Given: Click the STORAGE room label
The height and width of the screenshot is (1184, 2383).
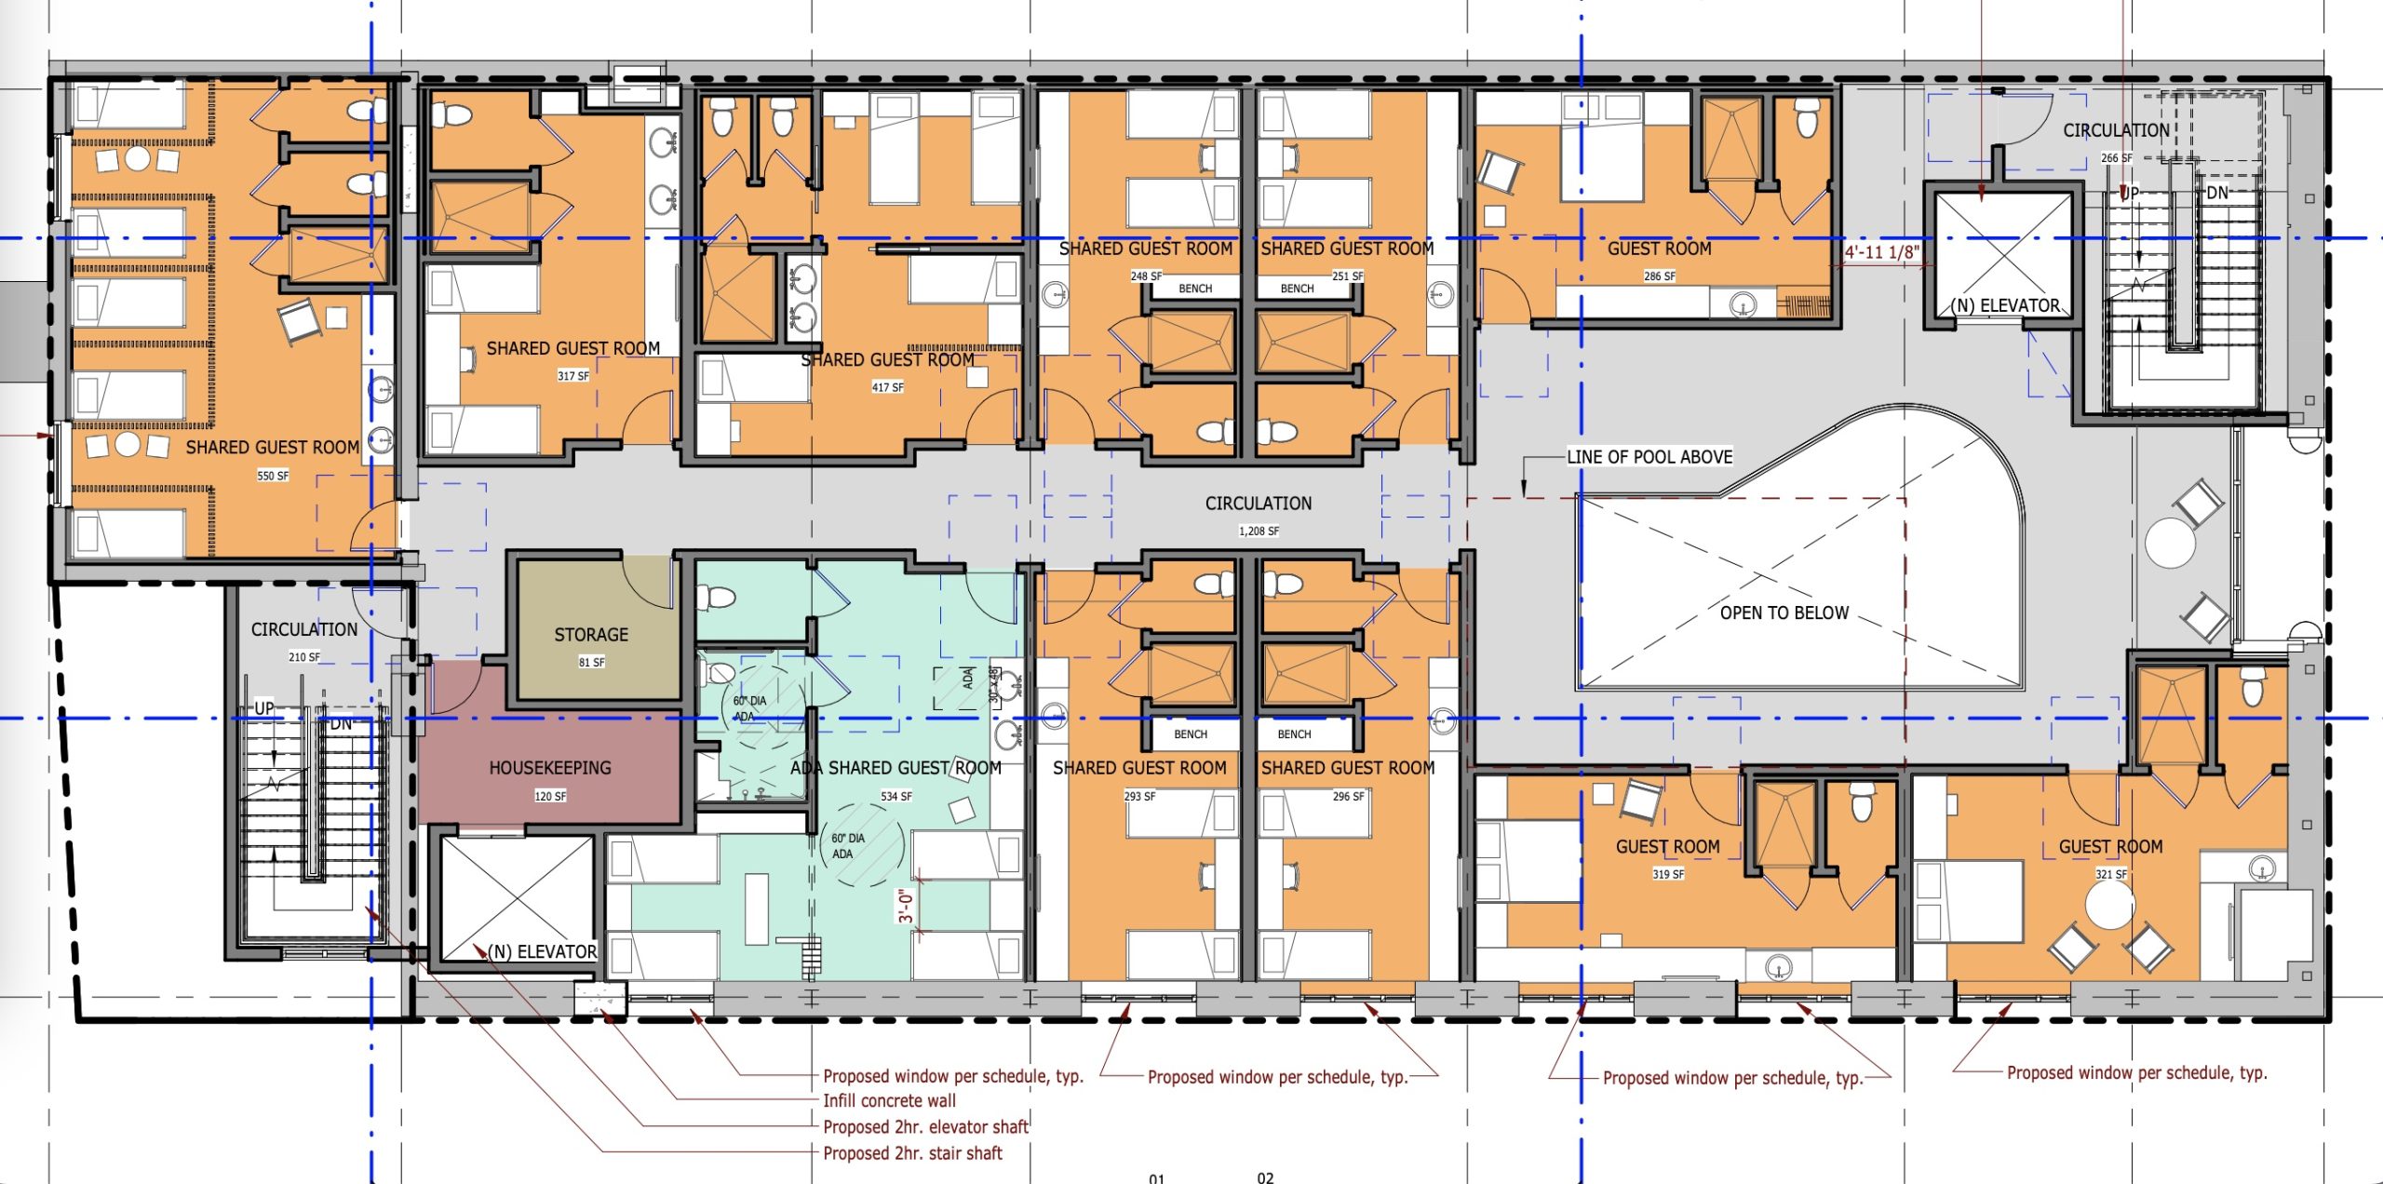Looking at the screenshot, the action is (x=591, y=635).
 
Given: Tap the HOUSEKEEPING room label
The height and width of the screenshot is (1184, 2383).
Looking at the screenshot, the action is (x=550, y=768).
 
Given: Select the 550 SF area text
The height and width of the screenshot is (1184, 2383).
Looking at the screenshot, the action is (x=273, y=476).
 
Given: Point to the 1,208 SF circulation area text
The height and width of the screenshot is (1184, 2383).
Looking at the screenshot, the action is (x=1259, y=531).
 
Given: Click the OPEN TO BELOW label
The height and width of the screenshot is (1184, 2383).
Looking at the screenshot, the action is (x=1784, y=612).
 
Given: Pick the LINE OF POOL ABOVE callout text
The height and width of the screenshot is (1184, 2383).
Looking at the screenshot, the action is (x=1649, y=457).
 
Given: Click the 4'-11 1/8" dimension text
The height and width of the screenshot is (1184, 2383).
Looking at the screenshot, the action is (x=1882, y=252).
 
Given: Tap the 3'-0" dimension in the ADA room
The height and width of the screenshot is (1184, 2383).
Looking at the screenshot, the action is (x=905, y=905).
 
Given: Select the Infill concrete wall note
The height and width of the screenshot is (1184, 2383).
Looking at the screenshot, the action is (x=889, y=1101).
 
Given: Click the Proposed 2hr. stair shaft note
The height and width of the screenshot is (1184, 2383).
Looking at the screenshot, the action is (x=912, y=1153).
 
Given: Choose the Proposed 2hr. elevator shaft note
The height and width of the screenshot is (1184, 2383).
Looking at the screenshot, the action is (x=925, y=1127).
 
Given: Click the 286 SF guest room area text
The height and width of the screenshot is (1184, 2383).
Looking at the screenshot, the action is (x=1660, y=276).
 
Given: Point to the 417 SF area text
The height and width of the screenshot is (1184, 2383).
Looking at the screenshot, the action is (x=887, y=387).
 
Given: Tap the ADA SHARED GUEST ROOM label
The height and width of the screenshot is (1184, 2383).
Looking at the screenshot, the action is (x=895, y=768).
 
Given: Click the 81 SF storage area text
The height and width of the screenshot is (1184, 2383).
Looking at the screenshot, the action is (x=591, y=663).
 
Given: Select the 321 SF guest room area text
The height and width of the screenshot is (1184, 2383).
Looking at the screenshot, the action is (x=2111, y=874).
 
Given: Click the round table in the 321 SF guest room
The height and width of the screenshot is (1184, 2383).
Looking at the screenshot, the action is (x=2109, y=905).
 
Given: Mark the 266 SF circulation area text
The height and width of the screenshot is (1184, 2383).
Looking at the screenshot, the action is (x=2117, y=158).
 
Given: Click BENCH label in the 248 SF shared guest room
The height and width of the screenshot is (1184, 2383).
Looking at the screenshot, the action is (x=1195, y=289).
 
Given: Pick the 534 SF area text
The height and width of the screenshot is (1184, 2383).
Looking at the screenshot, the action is (x=896, y=797).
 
